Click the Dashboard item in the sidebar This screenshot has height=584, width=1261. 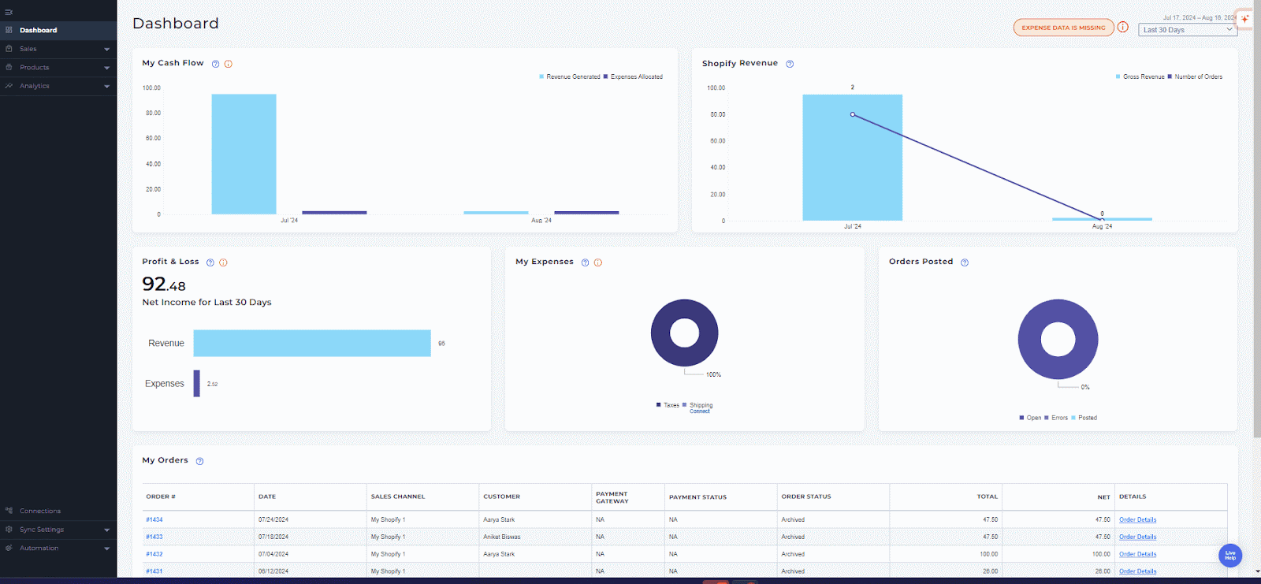coord(38,30)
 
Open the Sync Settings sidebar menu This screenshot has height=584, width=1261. coord(42,530)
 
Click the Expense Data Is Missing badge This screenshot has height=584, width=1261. coord(1063,28)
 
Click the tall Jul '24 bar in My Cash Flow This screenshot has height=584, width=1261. coord(244,154)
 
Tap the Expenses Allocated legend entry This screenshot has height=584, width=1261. coord(636,77)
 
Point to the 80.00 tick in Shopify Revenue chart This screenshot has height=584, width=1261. coord(717,114)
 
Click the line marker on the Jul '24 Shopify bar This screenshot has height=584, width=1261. coord(853,114)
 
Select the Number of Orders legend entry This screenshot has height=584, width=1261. coord(1198,77)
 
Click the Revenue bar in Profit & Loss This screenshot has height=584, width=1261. coord(312,344)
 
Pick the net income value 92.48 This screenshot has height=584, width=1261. coord(164,285)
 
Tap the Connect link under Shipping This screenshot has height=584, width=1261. coord(700,411)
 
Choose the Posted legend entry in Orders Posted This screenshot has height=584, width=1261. coord(1087,418)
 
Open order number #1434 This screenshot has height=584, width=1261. coord(154,520)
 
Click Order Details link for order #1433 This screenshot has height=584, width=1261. coord(1137,538)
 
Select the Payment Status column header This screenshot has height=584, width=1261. coord(697,497)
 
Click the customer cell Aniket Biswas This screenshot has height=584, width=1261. coord(501,538)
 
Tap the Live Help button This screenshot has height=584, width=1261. coord(1229,556)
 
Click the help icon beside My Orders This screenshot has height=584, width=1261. coord(199,461)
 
